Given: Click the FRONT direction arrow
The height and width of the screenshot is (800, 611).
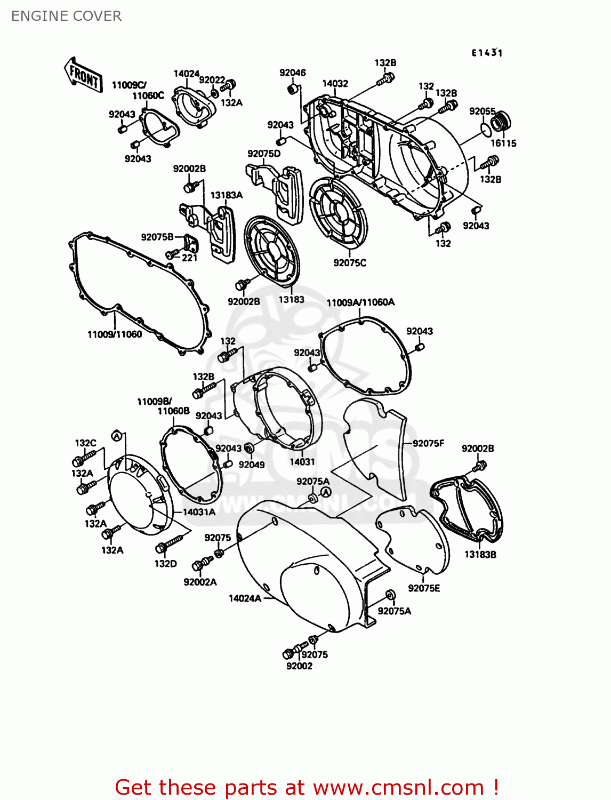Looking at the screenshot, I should click(x=83, y=75).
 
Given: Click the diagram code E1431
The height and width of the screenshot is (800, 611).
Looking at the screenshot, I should click(x=487, y=53).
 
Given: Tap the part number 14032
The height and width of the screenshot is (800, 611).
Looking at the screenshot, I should click(x=335, y=84).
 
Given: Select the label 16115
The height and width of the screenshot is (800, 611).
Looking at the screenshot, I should click(x=503, y=143).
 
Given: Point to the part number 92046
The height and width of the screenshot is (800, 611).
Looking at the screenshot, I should click(x=293, y=73).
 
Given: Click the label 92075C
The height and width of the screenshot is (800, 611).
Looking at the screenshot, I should click(x=350, y=263).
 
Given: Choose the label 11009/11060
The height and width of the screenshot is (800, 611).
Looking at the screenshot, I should click(x=115, y=334).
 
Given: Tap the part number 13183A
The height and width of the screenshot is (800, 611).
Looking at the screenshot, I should click(x=226, y=195).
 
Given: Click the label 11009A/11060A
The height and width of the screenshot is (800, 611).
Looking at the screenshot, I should click(x=360, y=302).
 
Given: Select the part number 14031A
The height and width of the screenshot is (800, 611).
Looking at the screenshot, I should click(x=199, y=512).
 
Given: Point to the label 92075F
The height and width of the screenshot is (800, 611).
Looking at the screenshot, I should click(x=428, y=443).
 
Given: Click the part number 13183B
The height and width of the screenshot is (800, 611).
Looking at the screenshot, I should click(x=480, y=554).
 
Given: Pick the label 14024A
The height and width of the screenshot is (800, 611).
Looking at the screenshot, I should click(x=245, y=598).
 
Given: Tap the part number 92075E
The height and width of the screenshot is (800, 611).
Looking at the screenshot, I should click(x=424, y=588).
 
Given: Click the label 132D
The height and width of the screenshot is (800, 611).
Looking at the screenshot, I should click(x=165, y=564).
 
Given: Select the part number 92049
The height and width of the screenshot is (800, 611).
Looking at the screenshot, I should click(x=252, y=465).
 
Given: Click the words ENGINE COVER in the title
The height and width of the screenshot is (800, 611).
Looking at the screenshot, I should click(x=67, y=16).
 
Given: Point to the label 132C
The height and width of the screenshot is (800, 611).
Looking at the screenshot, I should click(x=85, y=443).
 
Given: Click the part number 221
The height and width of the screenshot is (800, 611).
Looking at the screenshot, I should click(x=190, y=258).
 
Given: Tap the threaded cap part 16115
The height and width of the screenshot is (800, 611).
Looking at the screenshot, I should click(x=501, y=122).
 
